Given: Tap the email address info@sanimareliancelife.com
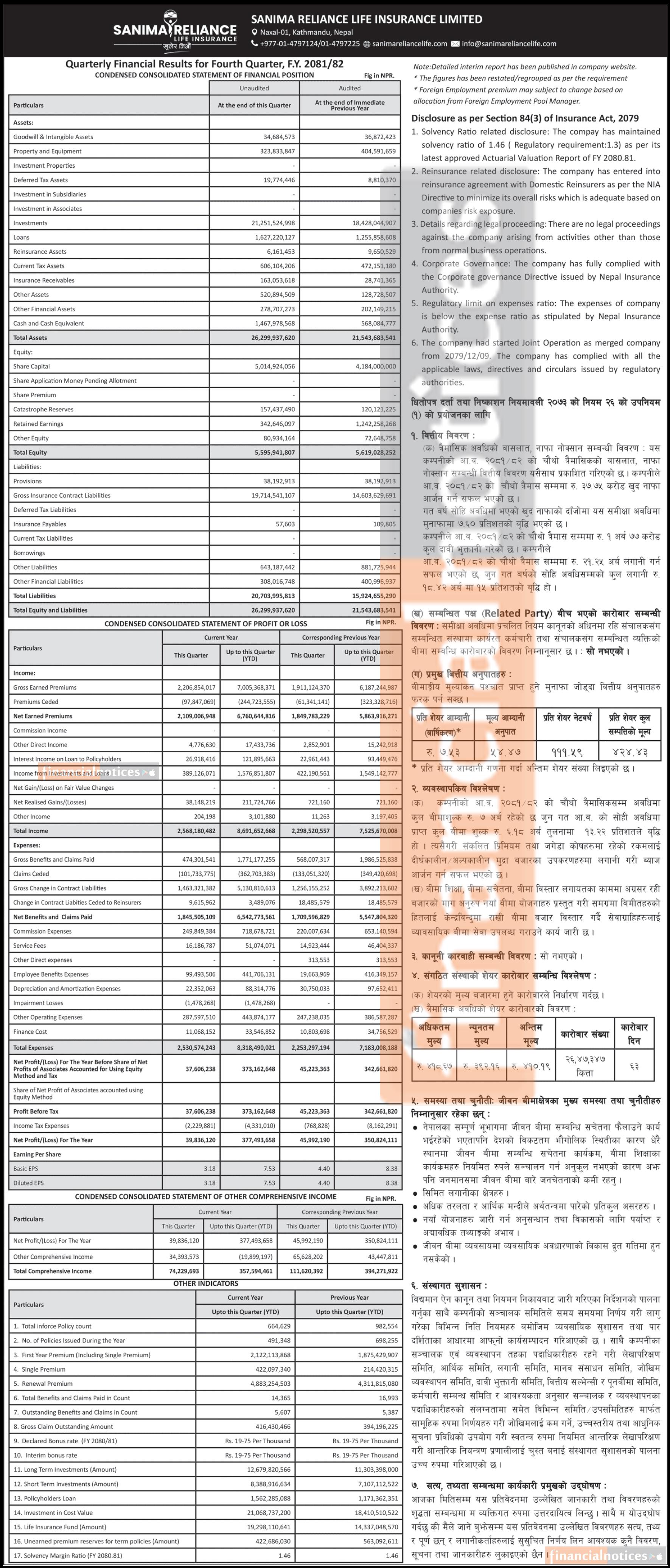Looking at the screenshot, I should pos(509,44).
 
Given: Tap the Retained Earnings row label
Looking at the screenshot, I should pos(38,424).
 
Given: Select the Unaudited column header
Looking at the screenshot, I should pos(254,88).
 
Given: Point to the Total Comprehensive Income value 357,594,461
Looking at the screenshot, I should pos(256,1271).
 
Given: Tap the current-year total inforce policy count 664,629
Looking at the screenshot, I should pos(279,1326).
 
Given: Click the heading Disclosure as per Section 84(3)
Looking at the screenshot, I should pos(525,119).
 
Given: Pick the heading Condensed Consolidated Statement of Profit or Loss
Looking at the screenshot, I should pos(206,624).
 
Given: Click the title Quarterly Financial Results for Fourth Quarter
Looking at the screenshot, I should pos(204,64).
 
